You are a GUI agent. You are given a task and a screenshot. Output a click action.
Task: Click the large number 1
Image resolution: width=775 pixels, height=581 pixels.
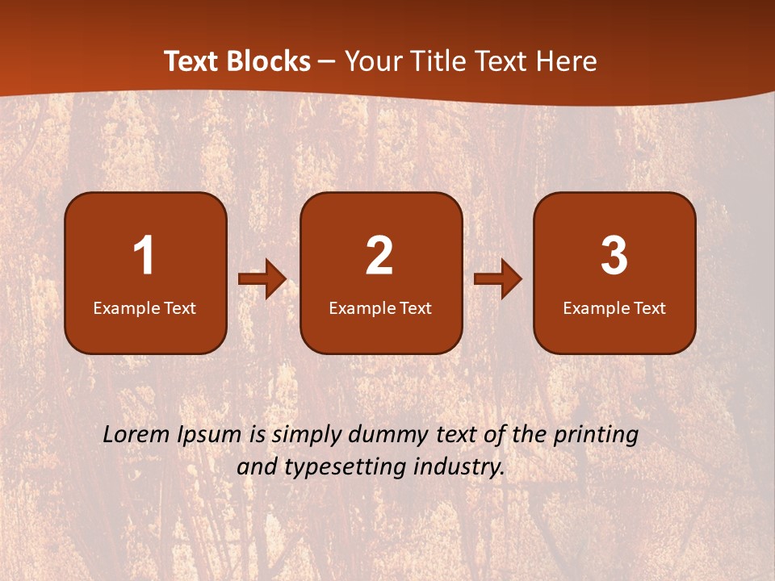145,256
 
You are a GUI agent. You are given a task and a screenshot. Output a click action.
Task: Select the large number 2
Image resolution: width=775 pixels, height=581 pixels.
379,256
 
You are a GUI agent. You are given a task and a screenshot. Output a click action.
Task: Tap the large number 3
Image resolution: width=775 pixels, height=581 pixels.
614,256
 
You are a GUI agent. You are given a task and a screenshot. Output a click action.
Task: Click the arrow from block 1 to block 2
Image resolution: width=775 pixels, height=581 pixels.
262,280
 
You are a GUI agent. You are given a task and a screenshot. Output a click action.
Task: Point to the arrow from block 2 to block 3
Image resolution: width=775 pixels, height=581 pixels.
498,279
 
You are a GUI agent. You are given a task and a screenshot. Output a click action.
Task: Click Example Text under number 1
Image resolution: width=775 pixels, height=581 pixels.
145,308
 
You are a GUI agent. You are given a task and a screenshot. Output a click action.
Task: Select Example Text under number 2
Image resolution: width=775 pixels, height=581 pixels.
380,308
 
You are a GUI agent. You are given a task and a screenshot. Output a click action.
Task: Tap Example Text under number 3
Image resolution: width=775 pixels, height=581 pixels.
614,308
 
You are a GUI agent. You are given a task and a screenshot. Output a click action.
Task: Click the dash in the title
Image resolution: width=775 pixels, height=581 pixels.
327,62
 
